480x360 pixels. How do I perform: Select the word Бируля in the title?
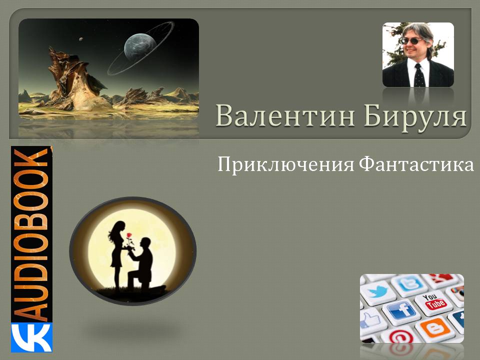[415, 117]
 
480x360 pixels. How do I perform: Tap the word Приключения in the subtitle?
[285, 164]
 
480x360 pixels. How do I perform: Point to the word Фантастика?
[416, 164]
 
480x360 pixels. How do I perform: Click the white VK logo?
[31, 337]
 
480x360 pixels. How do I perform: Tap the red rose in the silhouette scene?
[129, 235]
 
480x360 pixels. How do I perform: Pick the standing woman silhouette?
[117, 254]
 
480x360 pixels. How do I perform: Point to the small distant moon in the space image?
[81, 39]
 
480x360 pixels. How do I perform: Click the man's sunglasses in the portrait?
[411, 41]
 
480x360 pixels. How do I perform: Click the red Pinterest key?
[399, 336]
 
